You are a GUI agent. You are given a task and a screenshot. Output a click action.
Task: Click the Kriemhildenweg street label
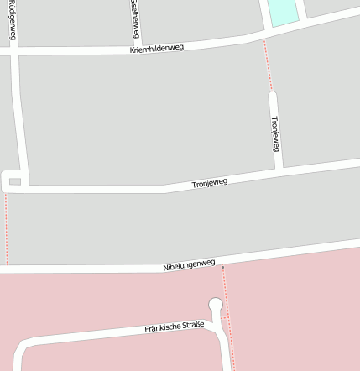click(x=156, y=49)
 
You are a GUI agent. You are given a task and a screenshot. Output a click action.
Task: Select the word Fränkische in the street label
click(x=162, y=327)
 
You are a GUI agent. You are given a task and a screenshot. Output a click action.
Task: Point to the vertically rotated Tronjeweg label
click(x=274, y=133)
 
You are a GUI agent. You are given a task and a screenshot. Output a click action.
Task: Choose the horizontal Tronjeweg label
click(x=210, y=183)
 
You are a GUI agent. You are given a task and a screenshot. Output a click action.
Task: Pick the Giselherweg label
click(x=135, y=18)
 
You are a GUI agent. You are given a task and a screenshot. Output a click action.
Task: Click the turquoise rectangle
click(x=281, y=11)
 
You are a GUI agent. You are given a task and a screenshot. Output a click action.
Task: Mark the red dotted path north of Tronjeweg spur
click(x=268, y=65)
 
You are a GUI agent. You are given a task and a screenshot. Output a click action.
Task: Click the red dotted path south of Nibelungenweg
click(x=228, y=319)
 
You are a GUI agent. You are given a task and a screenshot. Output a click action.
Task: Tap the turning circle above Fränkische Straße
click(x=216, y=305)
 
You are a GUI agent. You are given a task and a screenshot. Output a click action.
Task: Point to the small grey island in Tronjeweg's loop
click(x=14, y=180)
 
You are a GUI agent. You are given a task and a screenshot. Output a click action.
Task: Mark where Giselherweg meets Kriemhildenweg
click(x=138, y=47)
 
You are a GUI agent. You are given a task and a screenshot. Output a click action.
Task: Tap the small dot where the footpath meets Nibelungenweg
click(x=223, y=267)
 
